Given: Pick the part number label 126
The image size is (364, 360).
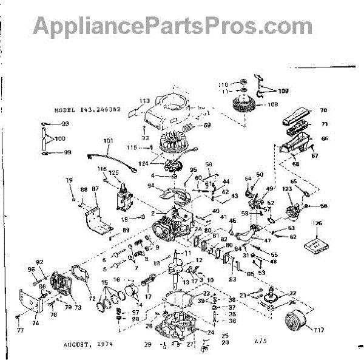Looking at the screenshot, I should pos(316,223).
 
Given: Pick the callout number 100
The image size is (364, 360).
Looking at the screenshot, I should pos(59,138).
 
